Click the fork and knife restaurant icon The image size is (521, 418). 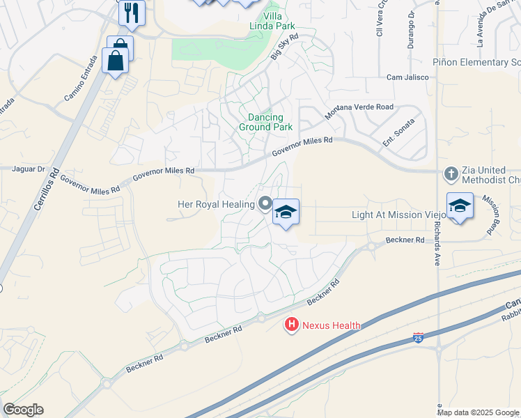pos(132,12)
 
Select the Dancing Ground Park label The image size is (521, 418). pos(265,123)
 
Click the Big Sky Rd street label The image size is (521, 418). pos(284,47)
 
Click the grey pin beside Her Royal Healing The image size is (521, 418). pos(265,203)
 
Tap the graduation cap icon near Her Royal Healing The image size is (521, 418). pos(286,211)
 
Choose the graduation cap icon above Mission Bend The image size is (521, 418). pos(460,206)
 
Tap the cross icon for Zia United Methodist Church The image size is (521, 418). pos(451,173)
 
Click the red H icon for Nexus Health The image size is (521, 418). pos(292,325)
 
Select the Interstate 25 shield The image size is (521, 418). pos(417,338)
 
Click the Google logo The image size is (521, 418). pos(24,410)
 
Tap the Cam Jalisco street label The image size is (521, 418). pos(405,77)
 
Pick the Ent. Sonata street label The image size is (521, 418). pos(398,130)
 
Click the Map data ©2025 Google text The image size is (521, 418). pos(478,412)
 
